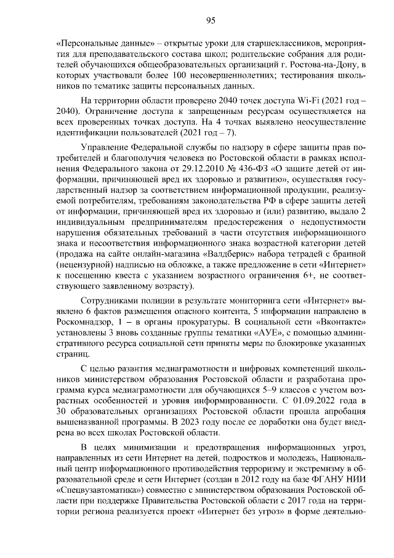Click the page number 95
210,20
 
